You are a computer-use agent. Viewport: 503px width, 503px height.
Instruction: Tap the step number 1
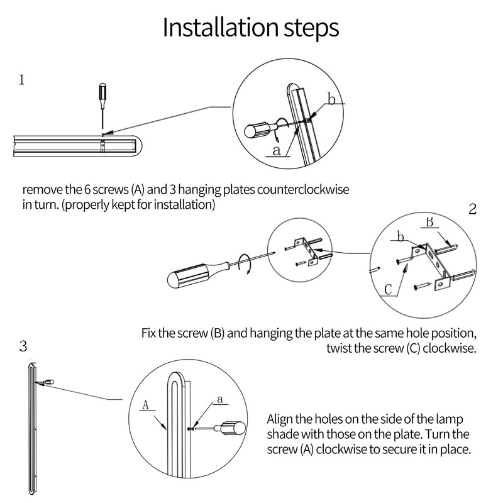[21, 80]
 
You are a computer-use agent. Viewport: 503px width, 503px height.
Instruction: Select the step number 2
[472, 209]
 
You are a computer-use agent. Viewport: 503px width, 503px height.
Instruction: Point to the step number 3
[23, 346]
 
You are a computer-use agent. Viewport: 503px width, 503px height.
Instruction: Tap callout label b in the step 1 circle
[331, 99]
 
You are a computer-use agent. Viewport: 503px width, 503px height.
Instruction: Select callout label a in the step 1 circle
[277, 150]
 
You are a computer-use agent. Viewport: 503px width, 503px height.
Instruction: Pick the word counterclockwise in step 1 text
[303, 190]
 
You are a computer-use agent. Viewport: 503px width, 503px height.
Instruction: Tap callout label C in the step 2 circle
[388, 289]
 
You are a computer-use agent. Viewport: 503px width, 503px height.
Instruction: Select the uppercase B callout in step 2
[429, 222]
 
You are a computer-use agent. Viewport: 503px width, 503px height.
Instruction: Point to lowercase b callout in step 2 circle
[401, 236]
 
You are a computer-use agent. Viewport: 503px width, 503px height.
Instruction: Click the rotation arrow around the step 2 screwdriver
[245, 263]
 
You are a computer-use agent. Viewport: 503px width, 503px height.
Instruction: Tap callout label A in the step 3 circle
[146, 405]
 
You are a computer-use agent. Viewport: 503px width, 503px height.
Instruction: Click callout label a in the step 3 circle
[219, 399]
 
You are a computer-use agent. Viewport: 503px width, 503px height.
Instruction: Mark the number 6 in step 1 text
[87, 190]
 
